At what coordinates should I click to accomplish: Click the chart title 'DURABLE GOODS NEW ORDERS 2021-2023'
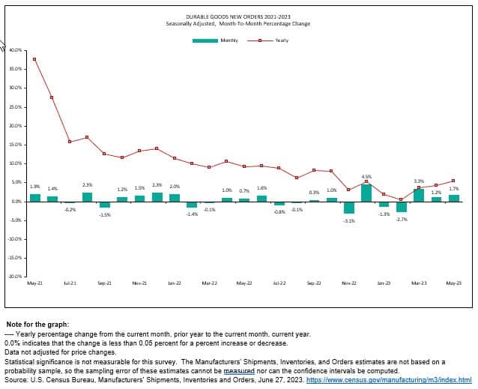point(238,16)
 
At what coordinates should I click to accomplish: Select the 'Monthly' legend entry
point(229,40)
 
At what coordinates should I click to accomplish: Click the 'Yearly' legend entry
point(281,40)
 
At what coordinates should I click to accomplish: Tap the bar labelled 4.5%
point(366,193)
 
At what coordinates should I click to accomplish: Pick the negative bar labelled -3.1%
point(349,208)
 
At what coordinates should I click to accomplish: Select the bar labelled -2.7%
point(402,207)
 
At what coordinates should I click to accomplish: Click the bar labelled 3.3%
point(419,195)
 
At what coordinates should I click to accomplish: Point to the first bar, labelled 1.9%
point(35,197)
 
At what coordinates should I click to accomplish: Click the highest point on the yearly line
point(34,59)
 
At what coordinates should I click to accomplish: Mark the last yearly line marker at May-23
point(453,181)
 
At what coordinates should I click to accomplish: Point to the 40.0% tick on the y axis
point(16,50)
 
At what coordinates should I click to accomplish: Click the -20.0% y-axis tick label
point(15,277)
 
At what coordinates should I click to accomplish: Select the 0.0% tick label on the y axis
point(16,202)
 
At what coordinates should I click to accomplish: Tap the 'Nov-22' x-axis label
point(349,283)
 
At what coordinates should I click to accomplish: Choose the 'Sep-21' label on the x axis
point(104,283)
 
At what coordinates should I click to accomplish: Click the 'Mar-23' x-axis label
point(419,283)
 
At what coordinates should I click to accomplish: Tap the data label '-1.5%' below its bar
point(105,215)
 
